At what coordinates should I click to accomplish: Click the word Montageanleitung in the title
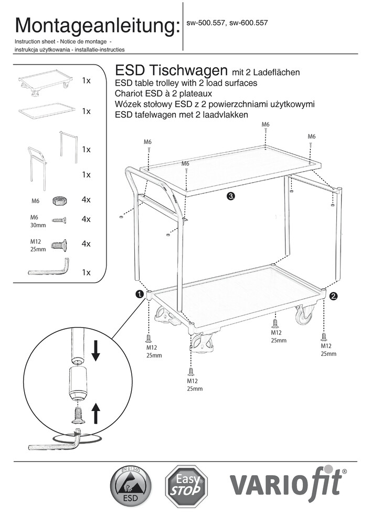(98, 25)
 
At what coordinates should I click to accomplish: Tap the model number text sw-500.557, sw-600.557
(227, 23)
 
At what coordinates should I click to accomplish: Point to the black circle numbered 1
(140, 295)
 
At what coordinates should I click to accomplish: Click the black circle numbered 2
(333, 297)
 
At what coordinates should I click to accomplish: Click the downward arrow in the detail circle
(96, 351)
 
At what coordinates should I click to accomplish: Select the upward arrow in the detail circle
(96, 412)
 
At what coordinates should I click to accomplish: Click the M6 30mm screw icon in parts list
(59, 220)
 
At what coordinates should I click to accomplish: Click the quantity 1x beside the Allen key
(87, 272)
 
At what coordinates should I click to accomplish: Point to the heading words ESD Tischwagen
(170, 71)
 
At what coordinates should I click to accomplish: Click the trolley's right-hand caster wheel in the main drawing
(304, 315)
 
